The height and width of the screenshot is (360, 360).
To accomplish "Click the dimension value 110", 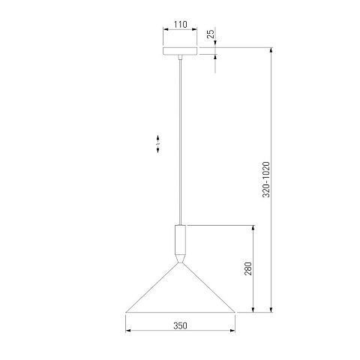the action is click(180, 25).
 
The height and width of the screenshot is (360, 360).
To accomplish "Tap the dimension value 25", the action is click(211, 34).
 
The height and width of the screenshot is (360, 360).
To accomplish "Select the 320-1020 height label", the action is click(266, 179).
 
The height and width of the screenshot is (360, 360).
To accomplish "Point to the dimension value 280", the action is click(248, 268).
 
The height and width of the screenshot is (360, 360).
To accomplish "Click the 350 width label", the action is click(180, 325).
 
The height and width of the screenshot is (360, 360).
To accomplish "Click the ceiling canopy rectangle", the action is click(180, 51).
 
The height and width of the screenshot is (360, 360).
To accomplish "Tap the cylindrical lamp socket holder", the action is click(180, 239).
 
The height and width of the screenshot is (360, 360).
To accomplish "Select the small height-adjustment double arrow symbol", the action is click(157, 144).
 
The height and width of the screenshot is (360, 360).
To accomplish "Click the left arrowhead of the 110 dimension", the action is click(166, 29).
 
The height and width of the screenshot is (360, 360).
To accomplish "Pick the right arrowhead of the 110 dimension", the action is click(194, 29).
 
